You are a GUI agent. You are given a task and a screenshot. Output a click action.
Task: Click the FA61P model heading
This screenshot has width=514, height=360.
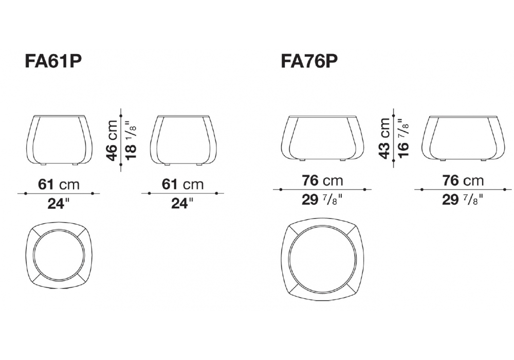coord(53,61)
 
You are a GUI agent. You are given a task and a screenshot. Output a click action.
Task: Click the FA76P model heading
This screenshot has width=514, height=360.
coord(309,61)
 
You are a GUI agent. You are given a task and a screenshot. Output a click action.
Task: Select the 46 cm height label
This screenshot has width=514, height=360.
coord(113,140)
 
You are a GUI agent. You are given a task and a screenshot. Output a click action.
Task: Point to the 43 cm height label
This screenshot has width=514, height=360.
coord(384,138)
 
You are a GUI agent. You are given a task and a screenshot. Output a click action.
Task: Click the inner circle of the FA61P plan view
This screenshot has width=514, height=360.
coord(59,257)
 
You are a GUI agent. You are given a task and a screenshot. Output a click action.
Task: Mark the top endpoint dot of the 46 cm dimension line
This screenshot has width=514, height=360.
coord(121,115)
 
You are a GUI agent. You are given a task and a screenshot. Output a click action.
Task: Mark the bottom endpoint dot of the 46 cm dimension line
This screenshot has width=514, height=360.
coord(121,165)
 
